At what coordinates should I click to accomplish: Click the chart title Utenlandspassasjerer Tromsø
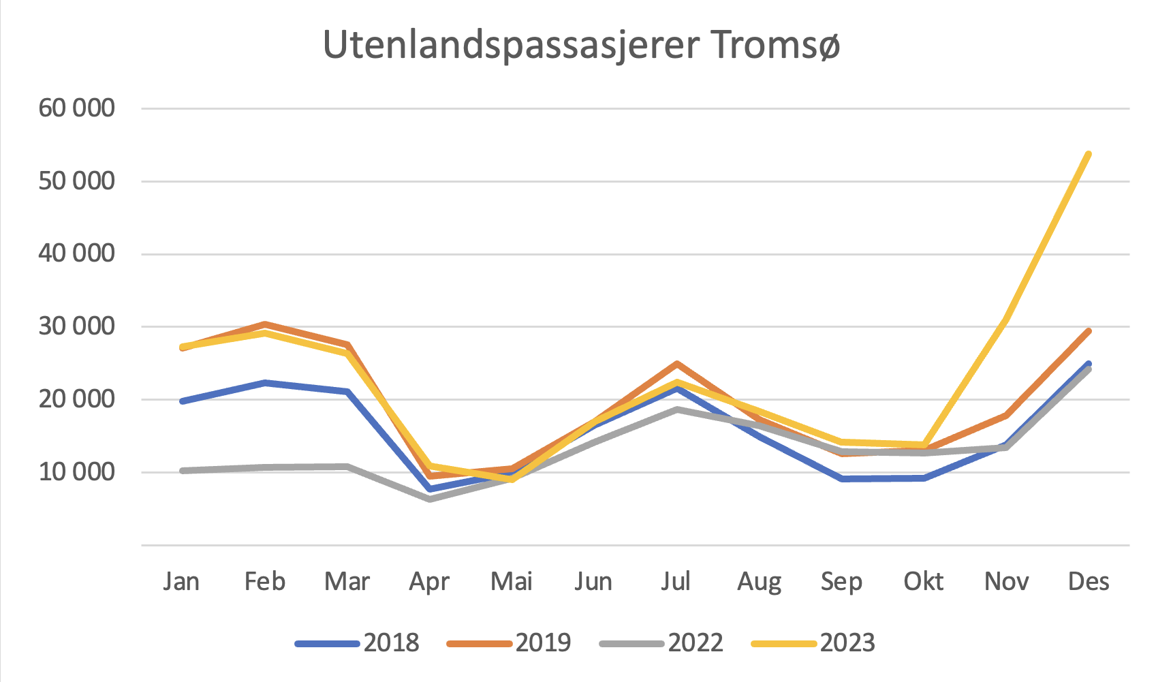(x=581, y=45)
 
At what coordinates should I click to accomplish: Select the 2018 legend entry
(x=391, y=642)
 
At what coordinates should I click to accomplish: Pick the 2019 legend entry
(x=543, y=642)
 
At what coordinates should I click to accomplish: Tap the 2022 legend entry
(x=696, y=642)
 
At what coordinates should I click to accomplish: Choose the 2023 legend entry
(x=847, y=642)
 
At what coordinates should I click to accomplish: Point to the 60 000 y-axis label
(x=76, y=108)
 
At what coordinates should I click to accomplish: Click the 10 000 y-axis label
(x=76, y=471)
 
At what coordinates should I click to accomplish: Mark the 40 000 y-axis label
(x=76, y=253)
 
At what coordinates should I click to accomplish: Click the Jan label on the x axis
(x=181, y=581)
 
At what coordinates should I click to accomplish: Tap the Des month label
(x=1089, y=581)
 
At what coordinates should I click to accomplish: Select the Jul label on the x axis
(x=676, y=581)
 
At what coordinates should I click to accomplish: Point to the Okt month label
(x=924, y=581)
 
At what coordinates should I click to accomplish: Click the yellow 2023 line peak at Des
(x=1089, y=155)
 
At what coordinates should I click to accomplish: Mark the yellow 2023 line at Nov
(x=1006, y=319)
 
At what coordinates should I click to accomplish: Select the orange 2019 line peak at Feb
(x=264, y=324)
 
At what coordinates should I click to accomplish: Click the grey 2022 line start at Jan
(x=183, y=471)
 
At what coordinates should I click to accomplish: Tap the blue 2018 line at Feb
(x=264, y=383)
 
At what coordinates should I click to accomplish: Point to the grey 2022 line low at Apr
(x=430, y=499)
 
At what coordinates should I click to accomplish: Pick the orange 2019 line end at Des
(x=1089, y=331)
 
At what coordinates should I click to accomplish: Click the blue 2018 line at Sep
(x=842, y=478)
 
